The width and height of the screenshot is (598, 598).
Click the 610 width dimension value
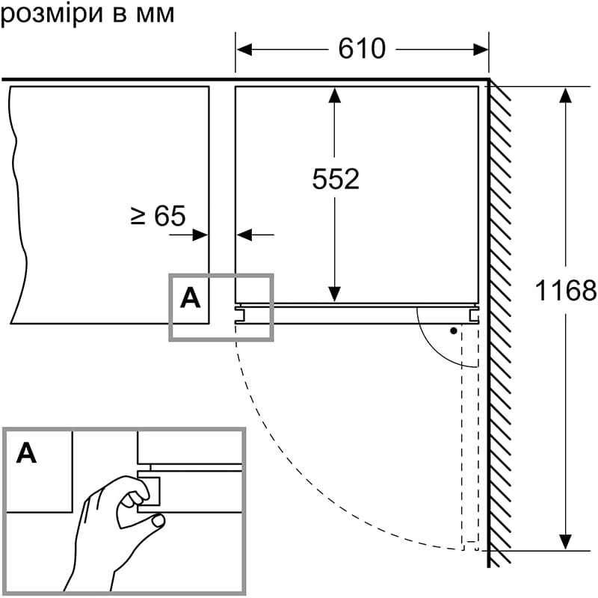coord(362,49)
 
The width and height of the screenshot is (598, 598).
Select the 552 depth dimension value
coord(336,179)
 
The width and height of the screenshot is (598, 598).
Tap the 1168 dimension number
coord(566,290)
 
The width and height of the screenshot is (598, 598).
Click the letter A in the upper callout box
coord(191,298)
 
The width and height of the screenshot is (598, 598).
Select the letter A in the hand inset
coord(26,452)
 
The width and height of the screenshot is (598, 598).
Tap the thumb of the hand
coord(157,523)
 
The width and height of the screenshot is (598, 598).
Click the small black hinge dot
coord(453,330)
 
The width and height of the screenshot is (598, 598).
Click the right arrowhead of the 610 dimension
coord(483,50)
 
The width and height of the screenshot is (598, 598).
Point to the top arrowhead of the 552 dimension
coord(335,93)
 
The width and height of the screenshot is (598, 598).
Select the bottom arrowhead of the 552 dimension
coord(335,296)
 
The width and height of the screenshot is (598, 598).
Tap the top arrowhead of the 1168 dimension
coord(566,93)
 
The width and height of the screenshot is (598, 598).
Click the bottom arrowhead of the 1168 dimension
coord(566,543)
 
